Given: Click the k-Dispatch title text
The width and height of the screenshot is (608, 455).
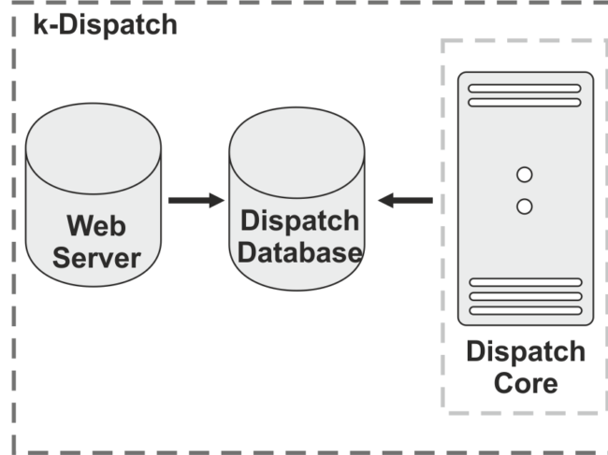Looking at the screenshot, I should click(98, 23).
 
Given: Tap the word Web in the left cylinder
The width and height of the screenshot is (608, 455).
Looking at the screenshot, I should click(95, 225).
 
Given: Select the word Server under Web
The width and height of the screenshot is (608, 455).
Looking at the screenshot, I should click(95, 257).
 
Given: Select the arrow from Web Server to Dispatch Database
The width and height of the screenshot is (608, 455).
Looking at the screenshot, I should click(196, 200).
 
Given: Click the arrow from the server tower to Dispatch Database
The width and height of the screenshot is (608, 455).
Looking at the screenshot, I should click(405, 200).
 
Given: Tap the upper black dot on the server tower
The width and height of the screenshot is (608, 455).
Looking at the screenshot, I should click(525, 174).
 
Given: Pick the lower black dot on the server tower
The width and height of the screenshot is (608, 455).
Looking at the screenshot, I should click(525, 206).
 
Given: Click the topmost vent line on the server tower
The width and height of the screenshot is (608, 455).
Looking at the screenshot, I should click(525, 90).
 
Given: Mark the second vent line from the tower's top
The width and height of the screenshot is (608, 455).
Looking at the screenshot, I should click(525, 103).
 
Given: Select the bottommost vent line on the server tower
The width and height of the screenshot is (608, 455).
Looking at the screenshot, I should click(525, 310).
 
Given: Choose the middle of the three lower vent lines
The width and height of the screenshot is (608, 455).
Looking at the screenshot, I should click(525, 296).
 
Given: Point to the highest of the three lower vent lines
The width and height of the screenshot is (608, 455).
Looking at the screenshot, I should click(525, 282).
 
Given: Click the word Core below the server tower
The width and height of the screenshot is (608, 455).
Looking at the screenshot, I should click(525, 383).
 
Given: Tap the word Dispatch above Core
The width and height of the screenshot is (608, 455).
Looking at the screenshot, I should click(525, 352).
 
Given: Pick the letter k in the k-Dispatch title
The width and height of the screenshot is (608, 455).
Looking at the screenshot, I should click(39, 23).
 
